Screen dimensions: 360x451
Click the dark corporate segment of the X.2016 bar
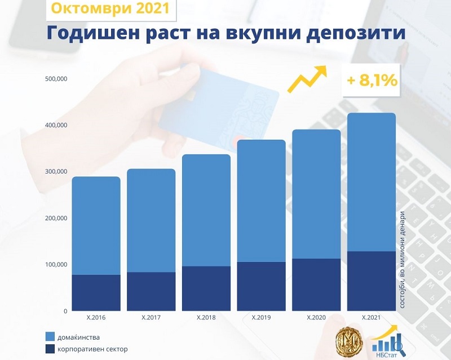point(96,292)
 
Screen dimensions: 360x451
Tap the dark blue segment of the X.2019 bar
point(261,286)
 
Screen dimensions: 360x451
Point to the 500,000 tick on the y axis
point(55,79)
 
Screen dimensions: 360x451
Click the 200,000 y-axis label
point(55,218)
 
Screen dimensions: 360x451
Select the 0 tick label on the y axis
point(65,311)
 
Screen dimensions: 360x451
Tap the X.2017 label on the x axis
point(151,318)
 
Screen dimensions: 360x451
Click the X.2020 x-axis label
point(316,318)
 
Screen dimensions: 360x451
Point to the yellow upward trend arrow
point(307,78)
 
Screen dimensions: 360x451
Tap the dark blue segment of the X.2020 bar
point(316,285)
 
